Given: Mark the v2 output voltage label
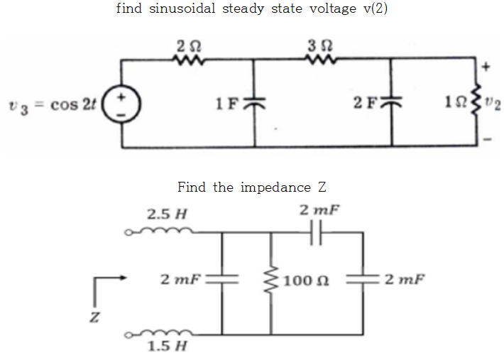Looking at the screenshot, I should [x=495, y=107].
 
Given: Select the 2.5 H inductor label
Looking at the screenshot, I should [x=167, y=213].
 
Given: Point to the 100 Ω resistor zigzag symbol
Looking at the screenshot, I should [x=270, y=281].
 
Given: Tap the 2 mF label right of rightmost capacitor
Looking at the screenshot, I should [x=405, y=279].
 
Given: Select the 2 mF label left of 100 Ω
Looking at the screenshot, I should [x=181, y=280].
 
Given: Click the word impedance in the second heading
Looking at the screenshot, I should [x=275, y=187].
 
